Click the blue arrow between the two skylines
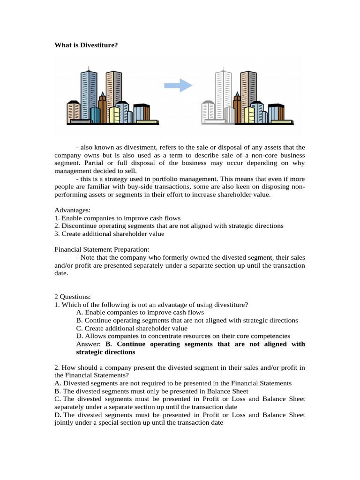pos(178,85)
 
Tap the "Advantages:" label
pos(73,210)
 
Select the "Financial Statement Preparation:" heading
pos(102,249)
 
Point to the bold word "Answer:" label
pos(89,344)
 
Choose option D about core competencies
pos(183,336)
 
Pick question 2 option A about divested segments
pos(172,383)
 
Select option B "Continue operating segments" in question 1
pos(187,321)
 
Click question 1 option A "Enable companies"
pos(140,313)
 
